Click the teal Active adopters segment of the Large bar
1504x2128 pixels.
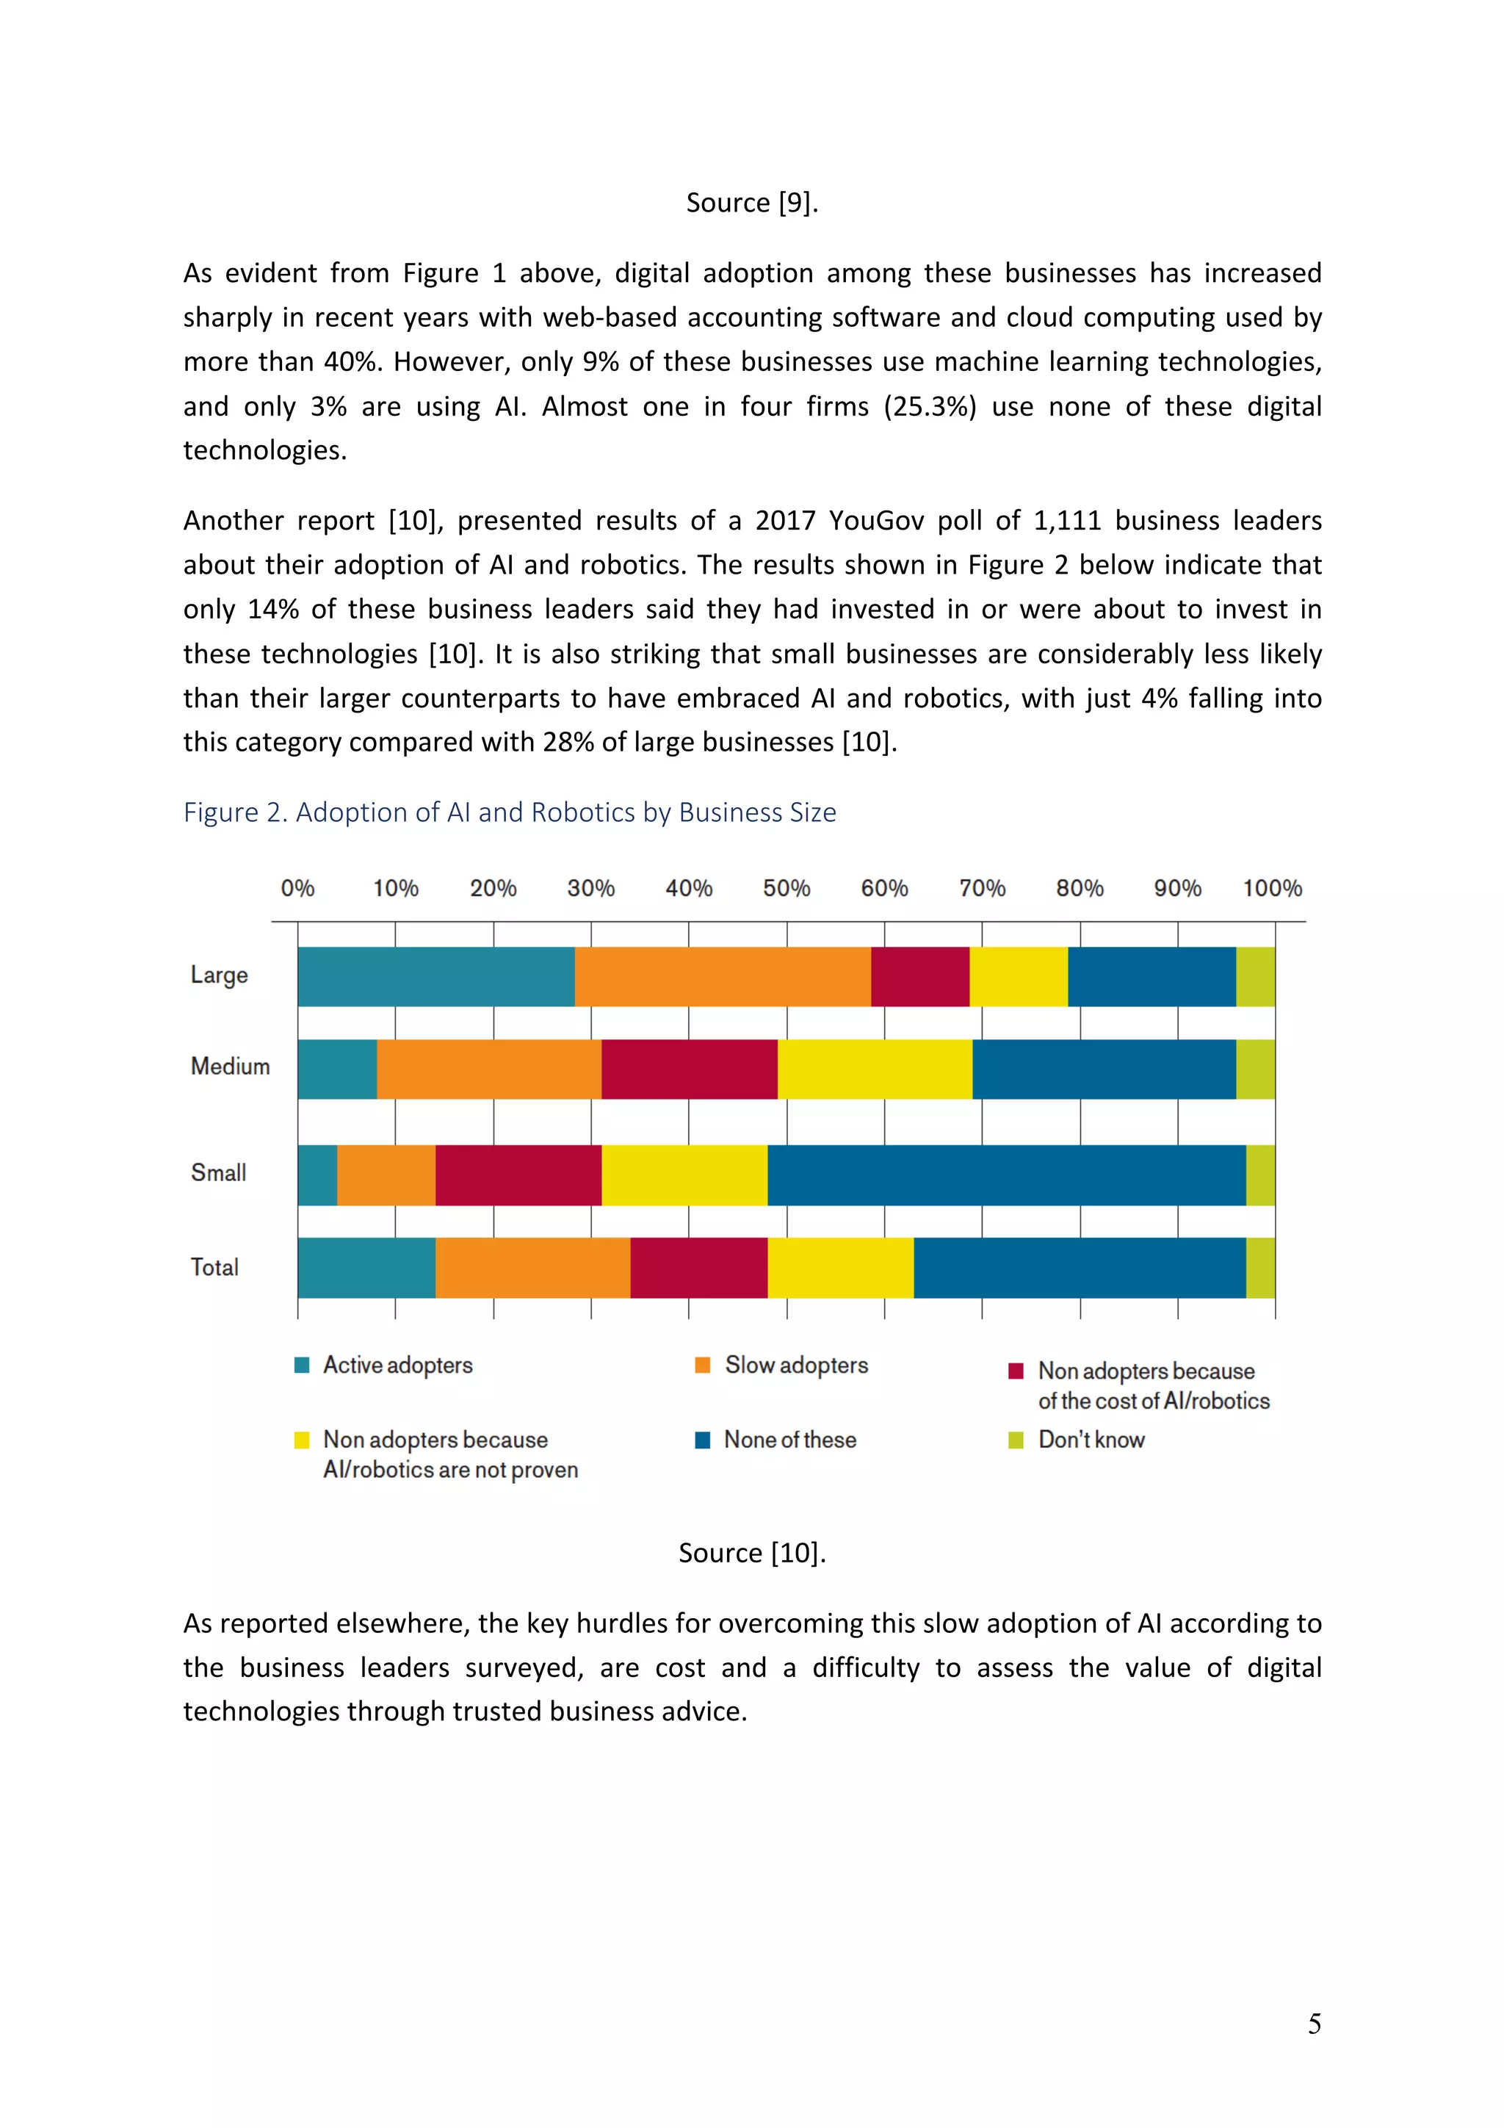[x=435, y=976]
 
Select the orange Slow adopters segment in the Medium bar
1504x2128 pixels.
[x=488, y=1069]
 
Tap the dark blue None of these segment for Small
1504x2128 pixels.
[x=1005, y=1175]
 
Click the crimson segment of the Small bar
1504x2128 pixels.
[x=518, y=1175]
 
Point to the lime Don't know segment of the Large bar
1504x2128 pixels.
[x=1255, y=976]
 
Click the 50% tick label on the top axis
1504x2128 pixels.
[x=786, y=888]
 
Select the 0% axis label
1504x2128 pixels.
[x=297, y=888]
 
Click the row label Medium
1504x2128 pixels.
[x=230, y=1066]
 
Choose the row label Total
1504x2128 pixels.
[x=214, y=1267]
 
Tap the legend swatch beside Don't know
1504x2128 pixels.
[x=1016, y=1440]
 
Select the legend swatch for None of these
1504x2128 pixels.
[x=702, y=1440]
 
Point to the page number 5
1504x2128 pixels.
[x=1314, y=2024]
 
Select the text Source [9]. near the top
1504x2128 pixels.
[x=751, y=202]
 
